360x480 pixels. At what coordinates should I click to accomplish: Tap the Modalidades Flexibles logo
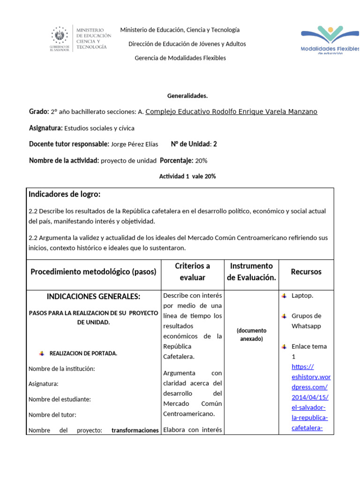tap(330, 39)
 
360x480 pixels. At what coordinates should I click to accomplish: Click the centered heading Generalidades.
tap(187, 96)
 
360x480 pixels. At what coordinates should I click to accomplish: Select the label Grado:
tap(39, 112)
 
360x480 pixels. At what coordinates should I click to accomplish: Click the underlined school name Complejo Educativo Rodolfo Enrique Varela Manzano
tap(231, 112)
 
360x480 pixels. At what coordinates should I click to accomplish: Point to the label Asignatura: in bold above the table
tap(45, 128)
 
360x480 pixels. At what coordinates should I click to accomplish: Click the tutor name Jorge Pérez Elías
tap(135, 144)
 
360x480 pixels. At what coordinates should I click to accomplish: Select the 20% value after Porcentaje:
tap(201, 161)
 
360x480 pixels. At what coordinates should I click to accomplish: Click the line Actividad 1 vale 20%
tap(187, 176)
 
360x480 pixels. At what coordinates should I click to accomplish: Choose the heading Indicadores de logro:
tap(65, 194)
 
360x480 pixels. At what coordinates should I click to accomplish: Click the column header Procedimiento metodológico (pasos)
tap(93, 272)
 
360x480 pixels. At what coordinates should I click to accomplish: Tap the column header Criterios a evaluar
tap(192, 271)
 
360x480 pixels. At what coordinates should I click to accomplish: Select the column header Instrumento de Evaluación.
tap(252, 271)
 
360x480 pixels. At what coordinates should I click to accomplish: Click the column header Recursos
tap(306, 272)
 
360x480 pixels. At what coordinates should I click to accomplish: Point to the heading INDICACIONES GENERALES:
tap(93, 296)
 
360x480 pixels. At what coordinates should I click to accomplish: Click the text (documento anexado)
tap(251, 334)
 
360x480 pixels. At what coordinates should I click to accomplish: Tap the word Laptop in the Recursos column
tap(302, 296)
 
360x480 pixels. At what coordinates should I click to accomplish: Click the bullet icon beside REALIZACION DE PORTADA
tap(42, 353)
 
